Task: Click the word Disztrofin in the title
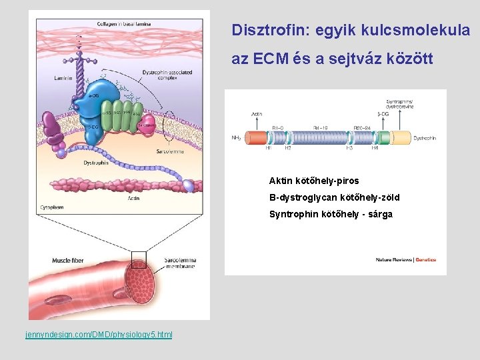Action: (x=262, y=30)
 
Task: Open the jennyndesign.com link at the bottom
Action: (x=99, y=333)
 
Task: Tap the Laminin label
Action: (x=63, y=79)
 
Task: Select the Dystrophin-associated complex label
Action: (x=176, y=75)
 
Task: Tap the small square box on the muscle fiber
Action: (x=139, y=259)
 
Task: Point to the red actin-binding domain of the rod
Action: (x=256, y=138)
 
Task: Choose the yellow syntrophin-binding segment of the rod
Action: (x=401, y=138)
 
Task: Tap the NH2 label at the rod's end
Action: (x=236, y=138)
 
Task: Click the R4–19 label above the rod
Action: (x=321, y=127)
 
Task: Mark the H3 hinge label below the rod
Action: (x=349, y=148)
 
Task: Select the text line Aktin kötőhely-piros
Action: (x=313, y=181)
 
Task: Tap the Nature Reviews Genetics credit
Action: (x=405, y=259)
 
